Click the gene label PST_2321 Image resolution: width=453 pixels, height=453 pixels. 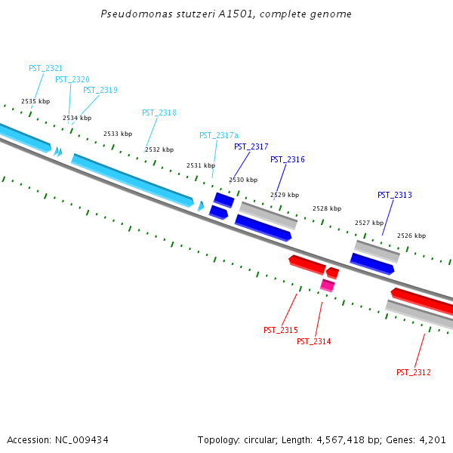45,68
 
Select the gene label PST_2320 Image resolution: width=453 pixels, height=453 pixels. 72,79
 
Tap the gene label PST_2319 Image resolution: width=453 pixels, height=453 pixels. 100,90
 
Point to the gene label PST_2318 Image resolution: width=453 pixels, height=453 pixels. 159,112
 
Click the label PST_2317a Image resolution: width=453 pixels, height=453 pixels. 218,135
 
